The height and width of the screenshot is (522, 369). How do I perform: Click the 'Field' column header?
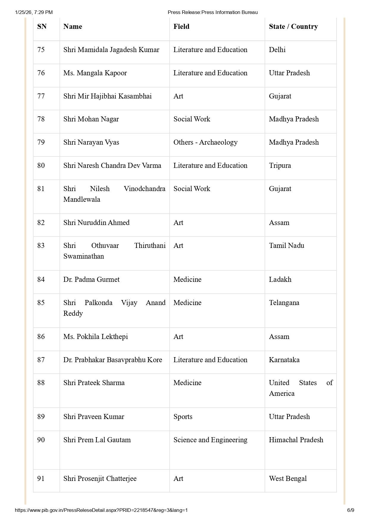181,26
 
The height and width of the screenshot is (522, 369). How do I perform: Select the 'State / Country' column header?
293,26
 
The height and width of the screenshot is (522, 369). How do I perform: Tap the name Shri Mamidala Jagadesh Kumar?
111,50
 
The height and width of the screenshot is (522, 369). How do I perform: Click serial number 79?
41,142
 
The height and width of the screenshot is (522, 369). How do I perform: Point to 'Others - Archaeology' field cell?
205,142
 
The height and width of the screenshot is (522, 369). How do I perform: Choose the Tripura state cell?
280,165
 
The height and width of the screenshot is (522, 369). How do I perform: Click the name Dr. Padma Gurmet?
91,279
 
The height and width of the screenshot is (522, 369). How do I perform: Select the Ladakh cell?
280,279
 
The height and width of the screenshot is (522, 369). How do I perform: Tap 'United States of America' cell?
301,388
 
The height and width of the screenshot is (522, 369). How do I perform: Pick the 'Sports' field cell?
183,417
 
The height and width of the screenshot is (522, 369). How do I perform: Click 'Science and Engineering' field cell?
210,440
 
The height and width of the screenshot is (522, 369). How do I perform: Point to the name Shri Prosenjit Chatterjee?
100,479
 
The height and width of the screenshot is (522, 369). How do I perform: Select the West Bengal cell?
287,479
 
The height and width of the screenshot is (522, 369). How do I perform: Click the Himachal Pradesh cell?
296,440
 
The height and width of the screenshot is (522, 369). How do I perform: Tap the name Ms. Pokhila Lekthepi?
96,337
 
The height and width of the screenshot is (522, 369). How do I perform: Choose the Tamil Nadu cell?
286,246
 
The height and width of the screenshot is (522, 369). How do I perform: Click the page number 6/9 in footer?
351,510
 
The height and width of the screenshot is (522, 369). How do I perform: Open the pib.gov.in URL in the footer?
101,510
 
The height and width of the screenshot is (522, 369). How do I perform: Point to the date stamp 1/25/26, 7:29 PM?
34,12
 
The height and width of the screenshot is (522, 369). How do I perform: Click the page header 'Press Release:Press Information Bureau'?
212,12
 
